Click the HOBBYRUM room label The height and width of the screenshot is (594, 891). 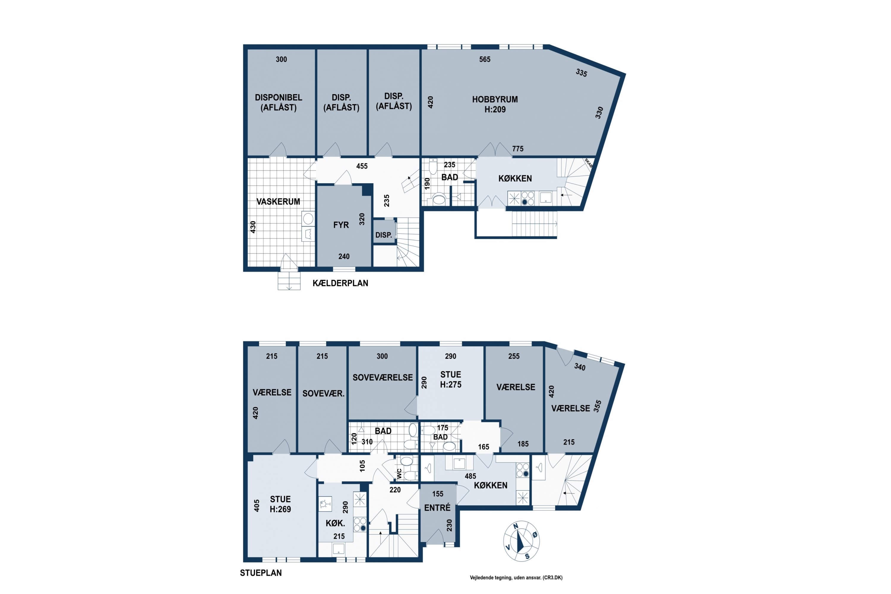tap(495, 99)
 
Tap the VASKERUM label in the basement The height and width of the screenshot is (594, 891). tap(278, 202)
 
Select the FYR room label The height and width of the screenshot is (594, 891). tap(341, 225)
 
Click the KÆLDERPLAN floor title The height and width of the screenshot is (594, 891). tap(340, 283)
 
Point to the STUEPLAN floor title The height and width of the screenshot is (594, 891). tap(261, 573)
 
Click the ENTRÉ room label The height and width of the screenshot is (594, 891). tap(437, 508)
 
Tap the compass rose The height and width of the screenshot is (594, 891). tap(521, 541)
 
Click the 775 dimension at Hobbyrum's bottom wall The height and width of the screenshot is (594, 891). tap(518, 149)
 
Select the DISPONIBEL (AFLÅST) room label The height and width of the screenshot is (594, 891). tap(279, 102)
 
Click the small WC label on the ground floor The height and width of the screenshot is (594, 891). tap(399, 473)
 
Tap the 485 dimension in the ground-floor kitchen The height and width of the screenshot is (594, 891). tap(470, 476)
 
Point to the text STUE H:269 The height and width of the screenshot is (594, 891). tap(280, 504)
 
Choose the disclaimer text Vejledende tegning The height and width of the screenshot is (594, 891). tap(491, 578)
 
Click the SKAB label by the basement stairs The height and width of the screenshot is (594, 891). tap(588, 162)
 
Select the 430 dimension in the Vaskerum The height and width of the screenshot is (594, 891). tap(253, 227)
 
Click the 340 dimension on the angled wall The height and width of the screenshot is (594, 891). tap(580, 367)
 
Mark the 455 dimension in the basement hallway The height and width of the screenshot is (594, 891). tap(362, 166)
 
